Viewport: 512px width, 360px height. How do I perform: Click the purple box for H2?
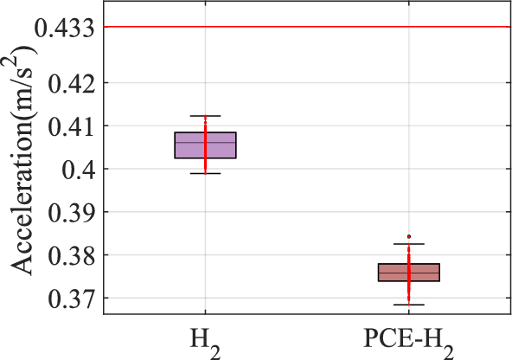tap(205, 145)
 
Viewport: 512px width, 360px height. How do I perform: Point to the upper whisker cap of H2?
tap(205, 116)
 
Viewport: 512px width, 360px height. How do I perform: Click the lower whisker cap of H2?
tap(205, 174)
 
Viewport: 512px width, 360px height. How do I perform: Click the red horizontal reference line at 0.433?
tap(303, 27)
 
